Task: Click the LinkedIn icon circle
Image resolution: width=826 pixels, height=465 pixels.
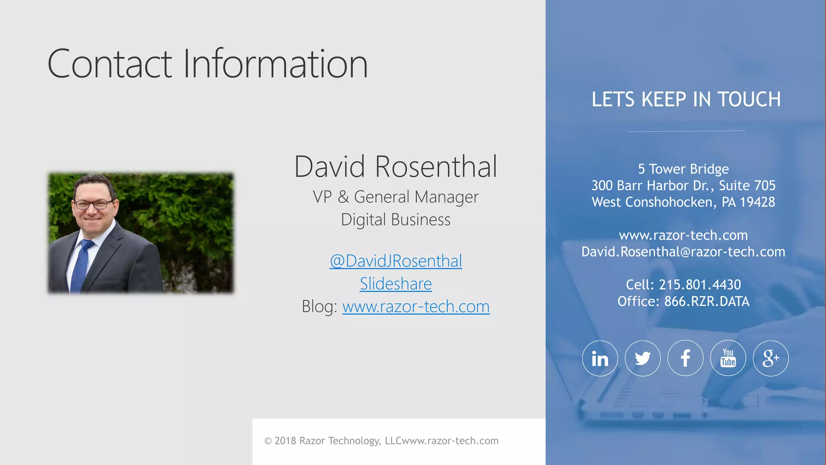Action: (600, 358)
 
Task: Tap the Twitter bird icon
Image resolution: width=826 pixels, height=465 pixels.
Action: (642, 358)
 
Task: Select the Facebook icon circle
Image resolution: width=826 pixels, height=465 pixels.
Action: (685, 358)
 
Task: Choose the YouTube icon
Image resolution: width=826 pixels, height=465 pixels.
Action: (728, 358)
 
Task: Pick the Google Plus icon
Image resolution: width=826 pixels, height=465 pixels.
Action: (771, 358)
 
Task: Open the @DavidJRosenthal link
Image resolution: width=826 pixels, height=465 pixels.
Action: (396, 261)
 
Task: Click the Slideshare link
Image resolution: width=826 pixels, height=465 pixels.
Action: (396, 284)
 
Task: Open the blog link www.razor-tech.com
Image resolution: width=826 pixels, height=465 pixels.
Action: (416, 307)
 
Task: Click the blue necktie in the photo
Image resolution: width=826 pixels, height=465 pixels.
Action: (81, 264)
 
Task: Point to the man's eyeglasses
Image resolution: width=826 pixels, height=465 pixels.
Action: (94, 204)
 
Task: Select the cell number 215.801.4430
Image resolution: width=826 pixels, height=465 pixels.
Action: (700, 285)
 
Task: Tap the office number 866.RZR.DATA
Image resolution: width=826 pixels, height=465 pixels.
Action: (707, 302)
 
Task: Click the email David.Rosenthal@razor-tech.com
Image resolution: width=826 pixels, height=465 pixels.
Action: (683, 252)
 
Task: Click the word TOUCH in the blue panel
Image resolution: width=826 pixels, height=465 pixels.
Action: (749, 100)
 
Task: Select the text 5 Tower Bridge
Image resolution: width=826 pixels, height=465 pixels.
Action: (683, 169)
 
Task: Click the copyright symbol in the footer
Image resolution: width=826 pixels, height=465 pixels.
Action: (268, 441)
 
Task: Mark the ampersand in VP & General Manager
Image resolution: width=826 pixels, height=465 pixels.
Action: (343, 197)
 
